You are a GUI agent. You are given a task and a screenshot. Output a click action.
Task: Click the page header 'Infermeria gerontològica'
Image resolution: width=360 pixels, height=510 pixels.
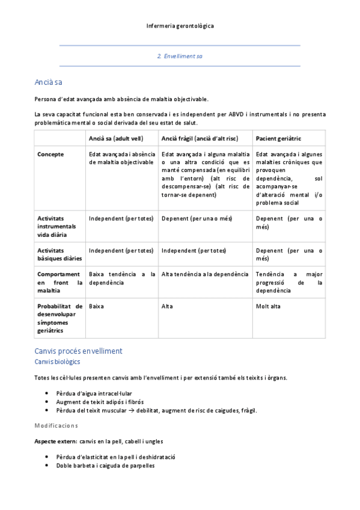pos(180,26)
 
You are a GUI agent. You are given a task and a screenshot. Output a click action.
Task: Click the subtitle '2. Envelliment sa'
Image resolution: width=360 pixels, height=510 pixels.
pos(180,56)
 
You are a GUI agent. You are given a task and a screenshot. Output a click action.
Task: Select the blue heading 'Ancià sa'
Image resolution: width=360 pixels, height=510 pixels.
pos(49,82)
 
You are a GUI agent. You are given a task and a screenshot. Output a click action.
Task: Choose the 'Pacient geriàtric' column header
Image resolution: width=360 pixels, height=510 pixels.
pos(278,138)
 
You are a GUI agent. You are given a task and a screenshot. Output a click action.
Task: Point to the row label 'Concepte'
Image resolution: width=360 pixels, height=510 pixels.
pos(50,155)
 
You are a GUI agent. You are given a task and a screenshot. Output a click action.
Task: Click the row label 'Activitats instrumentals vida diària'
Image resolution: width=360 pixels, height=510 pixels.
pos(57,226)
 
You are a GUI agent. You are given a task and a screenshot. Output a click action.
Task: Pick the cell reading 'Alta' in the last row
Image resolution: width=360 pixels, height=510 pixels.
pos(167,306)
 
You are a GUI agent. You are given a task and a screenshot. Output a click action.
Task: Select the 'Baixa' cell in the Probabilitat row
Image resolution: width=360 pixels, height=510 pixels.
pos(96,306)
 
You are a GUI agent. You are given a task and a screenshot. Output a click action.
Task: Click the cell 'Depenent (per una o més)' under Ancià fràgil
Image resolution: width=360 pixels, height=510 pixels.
pos(197,218)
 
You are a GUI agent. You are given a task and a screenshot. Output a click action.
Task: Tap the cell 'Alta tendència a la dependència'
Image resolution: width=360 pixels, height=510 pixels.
pos(205,274)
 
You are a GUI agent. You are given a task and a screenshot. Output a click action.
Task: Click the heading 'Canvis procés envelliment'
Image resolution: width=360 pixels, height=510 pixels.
pos(78,351)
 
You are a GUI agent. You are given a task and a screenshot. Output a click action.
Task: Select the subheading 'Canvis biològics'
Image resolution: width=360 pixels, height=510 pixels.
pos(57,362)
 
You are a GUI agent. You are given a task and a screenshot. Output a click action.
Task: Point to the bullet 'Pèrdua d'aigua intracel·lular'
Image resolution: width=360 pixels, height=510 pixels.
pos(94,393)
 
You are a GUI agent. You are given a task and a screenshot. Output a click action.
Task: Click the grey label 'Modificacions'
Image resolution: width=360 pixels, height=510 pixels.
pos(56,425)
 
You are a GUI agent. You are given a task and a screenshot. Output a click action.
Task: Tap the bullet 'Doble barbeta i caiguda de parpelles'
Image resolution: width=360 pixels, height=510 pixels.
pos(105,465)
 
